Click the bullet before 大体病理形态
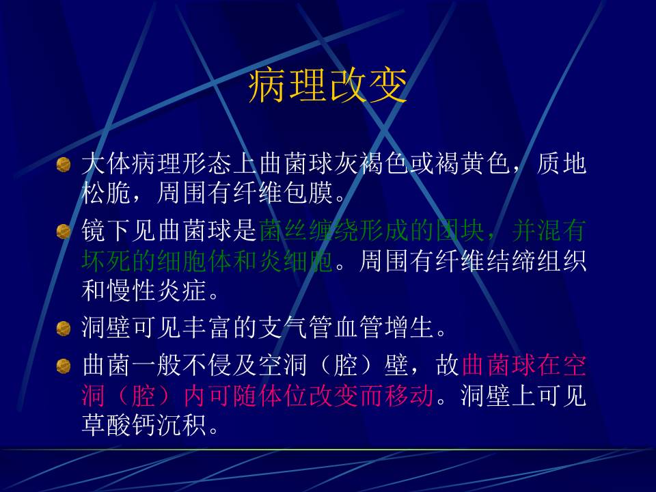64,165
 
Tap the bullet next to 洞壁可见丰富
64,329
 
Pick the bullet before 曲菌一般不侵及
64,366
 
